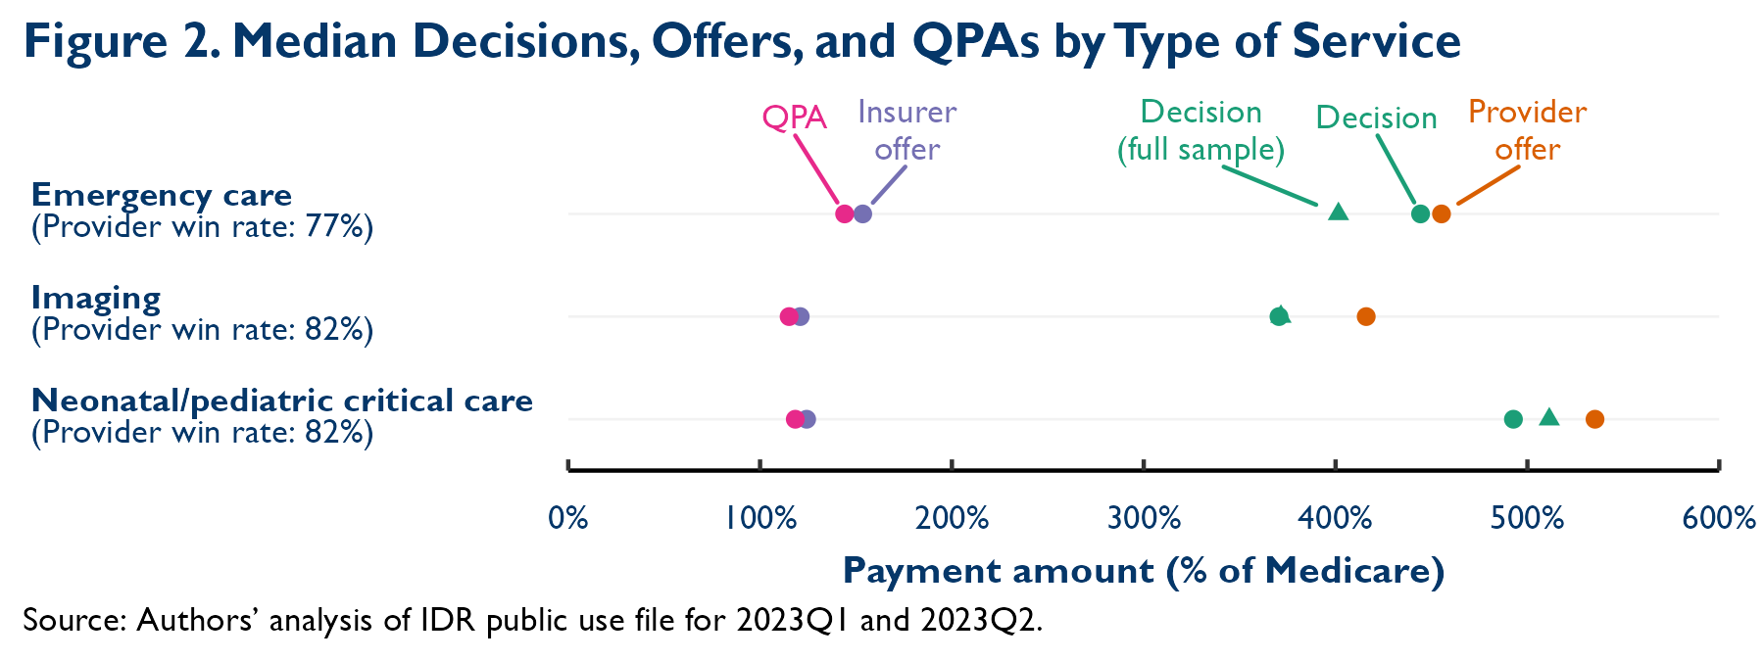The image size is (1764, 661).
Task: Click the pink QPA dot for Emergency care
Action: [x=844, y=213]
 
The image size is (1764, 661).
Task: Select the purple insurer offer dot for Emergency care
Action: [x=863, y=213]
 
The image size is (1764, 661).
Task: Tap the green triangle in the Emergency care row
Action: [x=1338, y=212]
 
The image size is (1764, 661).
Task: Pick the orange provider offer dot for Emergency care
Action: [x=1441, y=213]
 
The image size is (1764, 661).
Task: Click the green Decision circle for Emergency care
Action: [x=1420, y=213]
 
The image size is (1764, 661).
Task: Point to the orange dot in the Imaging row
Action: [x=1366, y=316]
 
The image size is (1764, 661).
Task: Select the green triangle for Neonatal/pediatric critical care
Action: [x=1548, y=418]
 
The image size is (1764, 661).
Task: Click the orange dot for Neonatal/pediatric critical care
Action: [x=1594, y=419]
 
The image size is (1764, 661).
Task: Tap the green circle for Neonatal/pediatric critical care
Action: [x=1513, y=419]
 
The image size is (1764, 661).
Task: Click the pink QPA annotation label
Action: [x=794, y=118]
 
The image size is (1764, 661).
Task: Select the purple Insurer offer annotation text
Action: [x=906, y=130]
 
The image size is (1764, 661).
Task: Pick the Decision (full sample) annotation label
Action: [x=1200, y=130]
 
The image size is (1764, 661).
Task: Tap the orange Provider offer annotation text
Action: [x=1527, y=130]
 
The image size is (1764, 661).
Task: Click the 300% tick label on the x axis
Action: [x=1144, y=518]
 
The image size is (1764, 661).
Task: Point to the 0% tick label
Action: [x=568, y=518]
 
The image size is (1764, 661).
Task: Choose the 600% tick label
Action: [x=1718, y=518]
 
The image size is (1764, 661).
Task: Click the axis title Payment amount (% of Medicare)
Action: [x=1144, y=571]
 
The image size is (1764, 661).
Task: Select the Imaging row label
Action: [x=96, y=297]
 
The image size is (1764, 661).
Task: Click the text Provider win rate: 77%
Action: [x=202, y=227]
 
